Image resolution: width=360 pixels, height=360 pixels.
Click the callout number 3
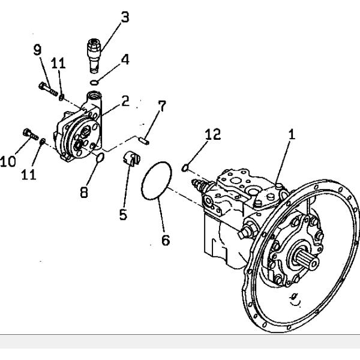click(125, 17)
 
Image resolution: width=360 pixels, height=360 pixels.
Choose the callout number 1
click(292, 136)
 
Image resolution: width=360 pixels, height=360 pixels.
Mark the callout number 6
click(166, 240)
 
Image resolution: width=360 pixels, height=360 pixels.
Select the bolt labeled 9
click(47, 89)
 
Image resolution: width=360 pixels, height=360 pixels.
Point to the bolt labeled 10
click(28, 133)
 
